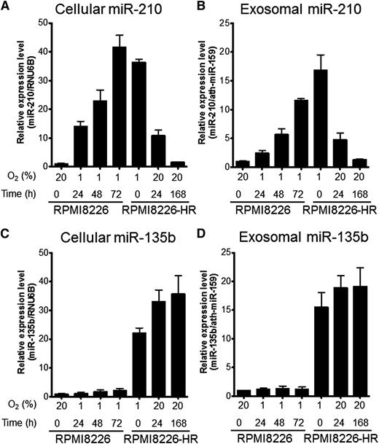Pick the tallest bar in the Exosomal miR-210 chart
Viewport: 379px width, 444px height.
coord(297,119)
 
